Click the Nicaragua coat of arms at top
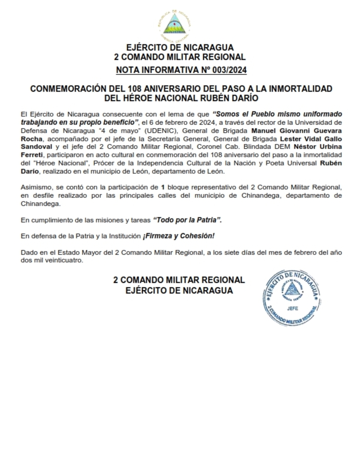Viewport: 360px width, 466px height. pyautogui.click(x=174, y=25)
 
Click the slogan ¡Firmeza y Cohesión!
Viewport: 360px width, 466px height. pyautogui.click(x=178, y=236)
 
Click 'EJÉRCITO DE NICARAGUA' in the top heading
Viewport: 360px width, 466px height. pyautogui.click(x=179, y=48)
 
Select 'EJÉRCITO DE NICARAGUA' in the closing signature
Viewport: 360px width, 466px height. pyautogui.click(x=179, y=290)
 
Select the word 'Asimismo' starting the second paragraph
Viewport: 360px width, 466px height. pyautogui.click(x=35, y=187)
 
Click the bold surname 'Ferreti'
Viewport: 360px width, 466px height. pyautogui.click(x=32, y=155)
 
